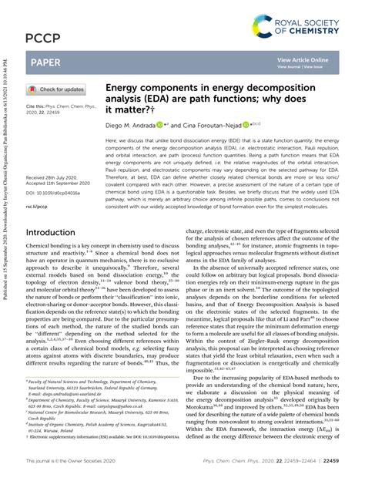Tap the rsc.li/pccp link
[x=37, y=207]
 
